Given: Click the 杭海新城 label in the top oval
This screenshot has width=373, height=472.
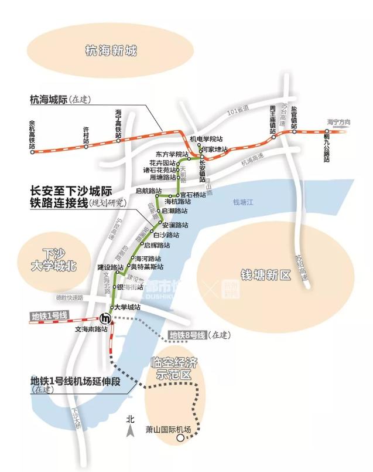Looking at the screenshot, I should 111,51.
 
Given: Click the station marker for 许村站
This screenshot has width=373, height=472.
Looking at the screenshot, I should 86,146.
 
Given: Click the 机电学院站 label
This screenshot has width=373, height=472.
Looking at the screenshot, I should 206,139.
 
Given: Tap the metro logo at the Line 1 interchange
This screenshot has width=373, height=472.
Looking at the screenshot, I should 106,318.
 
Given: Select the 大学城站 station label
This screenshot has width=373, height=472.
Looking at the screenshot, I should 127,307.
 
